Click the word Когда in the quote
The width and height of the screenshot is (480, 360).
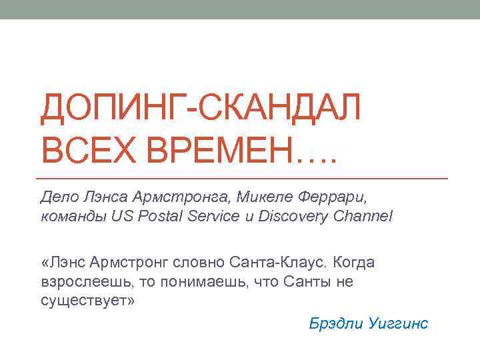pyautogui.click(x=353, y=262)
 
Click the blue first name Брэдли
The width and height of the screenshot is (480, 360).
pyautogui.click(x=337, y=324)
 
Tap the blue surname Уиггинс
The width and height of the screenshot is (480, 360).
pyautogui.click(x=399, y=324)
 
